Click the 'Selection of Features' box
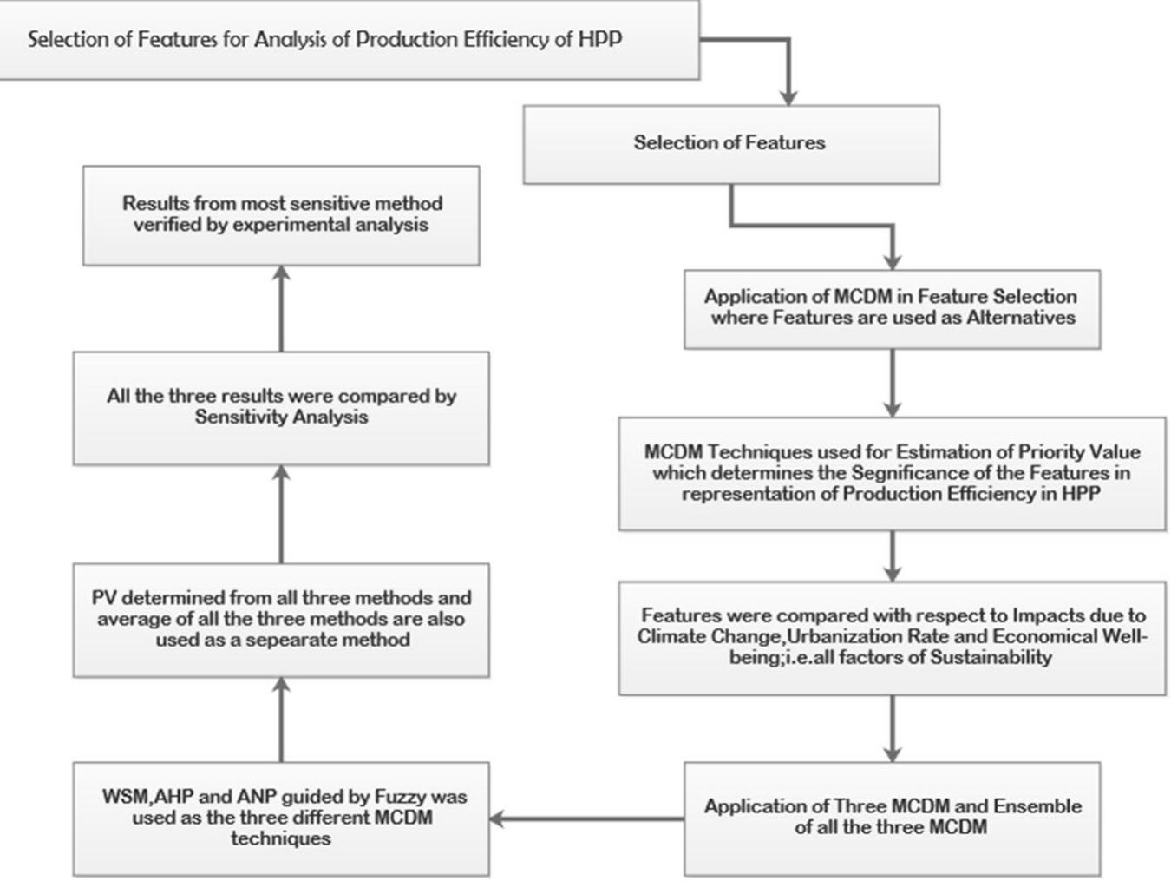730,144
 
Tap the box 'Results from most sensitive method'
281,215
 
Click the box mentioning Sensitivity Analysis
281,408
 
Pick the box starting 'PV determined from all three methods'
281,620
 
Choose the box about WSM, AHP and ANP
281,818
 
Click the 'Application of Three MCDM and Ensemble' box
892,818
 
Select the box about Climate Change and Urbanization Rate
892,637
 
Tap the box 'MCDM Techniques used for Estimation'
892,474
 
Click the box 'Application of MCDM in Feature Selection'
892,308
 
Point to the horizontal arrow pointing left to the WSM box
586,818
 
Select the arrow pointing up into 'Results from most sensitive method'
281,308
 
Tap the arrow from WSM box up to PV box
281,720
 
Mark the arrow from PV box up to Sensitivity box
281,514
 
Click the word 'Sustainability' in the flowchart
991,658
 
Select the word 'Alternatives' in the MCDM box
1021,319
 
